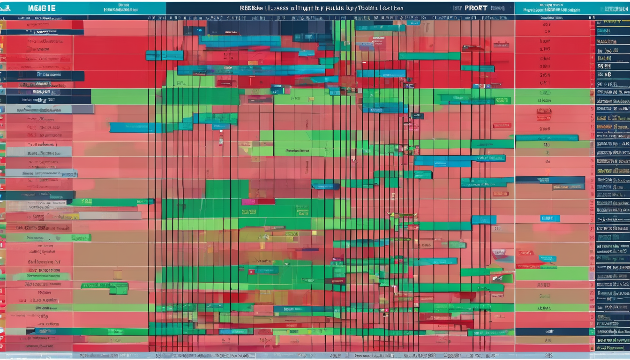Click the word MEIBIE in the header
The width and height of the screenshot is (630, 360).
pyautogui.click(x=42, y=8)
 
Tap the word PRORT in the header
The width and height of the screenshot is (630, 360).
pyautogui.click(x=475, y=8)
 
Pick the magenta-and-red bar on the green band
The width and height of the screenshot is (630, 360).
pyautogui.click(x=258, y=202)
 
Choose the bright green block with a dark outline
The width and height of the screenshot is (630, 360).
pyautogui.click(x=118, y=287)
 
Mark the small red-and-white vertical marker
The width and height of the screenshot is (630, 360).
pyautogui.click(x=221, y=139)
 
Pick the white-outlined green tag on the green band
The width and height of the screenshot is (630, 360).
pyautogui.click(x=502, y=100)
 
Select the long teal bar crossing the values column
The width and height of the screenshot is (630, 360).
pyautogui.click(x=547, y=138)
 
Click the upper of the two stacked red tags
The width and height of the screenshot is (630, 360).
pyautogui.click(x=544, y=111)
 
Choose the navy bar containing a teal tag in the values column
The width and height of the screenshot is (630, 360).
pyautogui.click(x=550, y=183)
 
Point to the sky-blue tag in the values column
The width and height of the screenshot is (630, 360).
pyautogui.click(x=549, y=218)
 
